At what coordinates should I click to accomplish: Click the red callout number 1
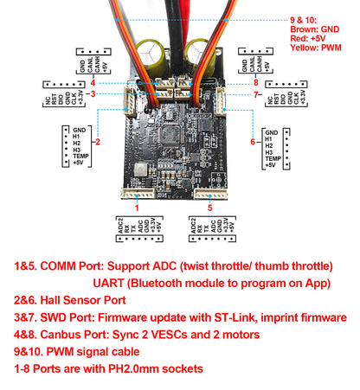[138, 208]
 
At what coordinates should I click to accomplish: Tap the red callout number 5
[209, 208]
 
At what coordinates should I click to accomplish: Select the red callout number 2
[98, 142]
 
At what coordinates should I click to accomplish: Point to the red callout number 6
[253, 142]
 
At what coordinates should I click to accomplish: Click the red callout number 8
[257, 82]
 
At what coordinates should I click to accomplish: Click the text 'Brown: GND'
[321, 29]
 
